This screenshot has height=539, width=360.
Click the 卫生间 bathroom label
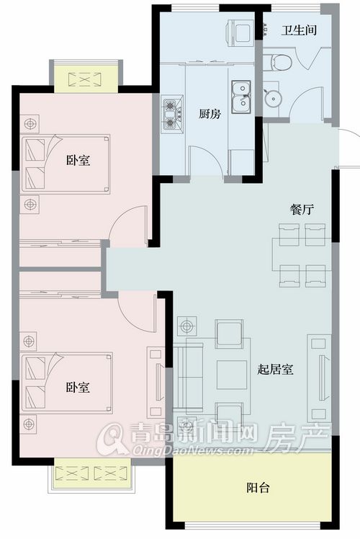(x=299, y=30)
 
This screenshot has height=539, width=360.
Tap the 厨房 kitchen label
(x=210, y=114)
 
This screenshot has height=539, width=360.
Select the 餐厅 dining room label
(x=302, y=210)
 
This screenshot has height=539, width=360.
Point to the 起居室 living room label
(x=275, y=370)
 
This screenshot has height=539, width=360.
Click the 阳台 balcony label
(x=258, y=487)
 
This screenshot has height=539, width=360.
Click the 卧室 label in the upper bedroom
(x=78, y=160)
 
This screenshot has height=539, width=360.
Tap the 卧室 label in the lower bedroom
(x=78, y=388)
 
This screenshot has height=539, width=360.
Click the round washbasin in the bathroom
(x=274, y=99)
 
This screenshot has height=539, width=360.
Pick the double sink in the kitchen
(x=241, y=97)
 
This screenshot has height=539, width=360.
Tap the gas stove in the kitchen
(x=171, y=115)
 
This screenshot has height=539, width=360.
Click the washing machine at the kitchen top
(x=240, y=31)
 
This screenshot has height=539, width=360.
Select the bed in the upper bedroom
(x=66, y=163)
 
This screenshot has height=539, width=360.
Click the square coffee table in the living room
(x=232, y=374)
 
